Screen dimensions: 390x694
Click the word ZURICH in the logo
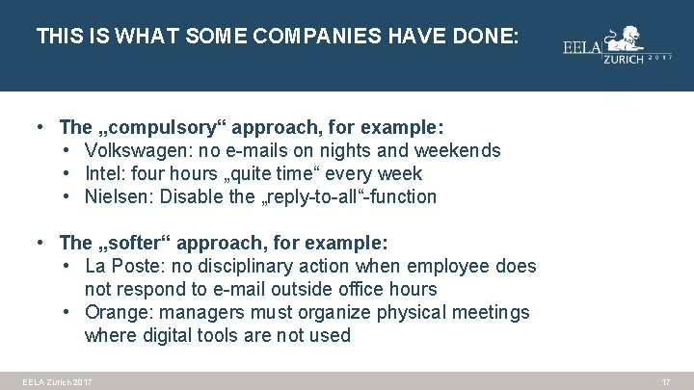625,59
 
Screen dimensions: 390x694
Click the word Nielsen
118,197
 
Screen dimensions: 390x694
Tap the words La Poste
119,266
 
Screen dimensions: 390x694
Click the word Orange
118,312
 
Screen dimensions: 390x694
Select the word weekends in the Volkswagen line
457,150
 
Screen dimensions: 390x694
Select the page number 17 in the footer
665,382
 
